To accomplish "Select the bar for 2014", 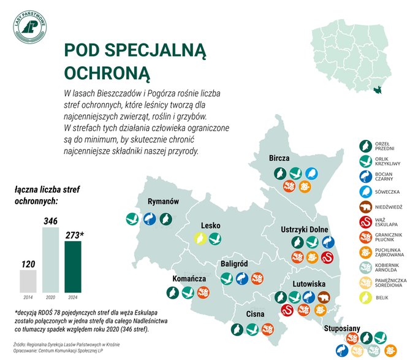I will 28,281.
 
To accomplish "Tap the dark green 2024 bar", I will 74,267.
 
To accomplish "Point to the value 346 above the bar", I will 50,220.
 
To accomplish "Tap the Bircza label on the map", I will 279,158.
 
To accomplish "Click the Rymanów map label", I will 163,202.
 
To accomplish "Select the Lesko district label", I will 210,225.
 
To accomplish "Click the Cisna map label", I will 254,314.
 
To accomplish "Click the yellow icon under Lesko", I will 199,239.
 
